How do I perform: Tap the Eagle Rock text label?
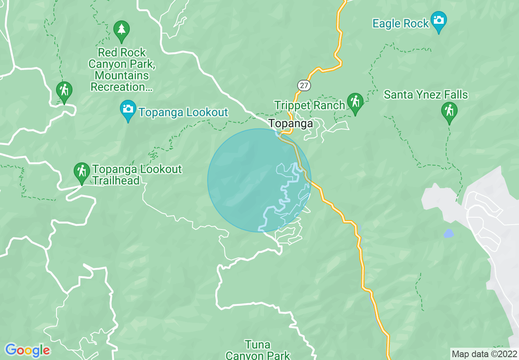click(x=400, y=24)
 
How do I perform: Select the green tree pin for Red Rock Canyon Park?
click(x=121, y=30)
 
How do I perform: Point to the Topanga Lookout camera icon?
click(x=128, y=109)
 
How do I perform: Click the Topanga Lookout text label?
click(x=183, y=112)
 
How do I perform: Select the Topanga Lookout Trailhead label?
click(x=137, y=175)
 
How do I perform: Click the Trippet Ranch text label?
click(x=310, y=105)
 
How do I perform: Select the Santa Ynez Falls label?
click(x=426, y=95)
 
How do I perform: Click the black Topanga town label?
click(x=291, y=124)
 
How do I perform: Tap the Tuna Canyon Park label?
click(x=257, y=350)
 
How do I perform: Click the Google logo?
click(x=27, y=350)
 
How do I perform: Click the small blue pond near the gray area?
click(x=449, y=234)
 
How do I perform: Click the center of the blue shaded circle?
click(x=259, y=180)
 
